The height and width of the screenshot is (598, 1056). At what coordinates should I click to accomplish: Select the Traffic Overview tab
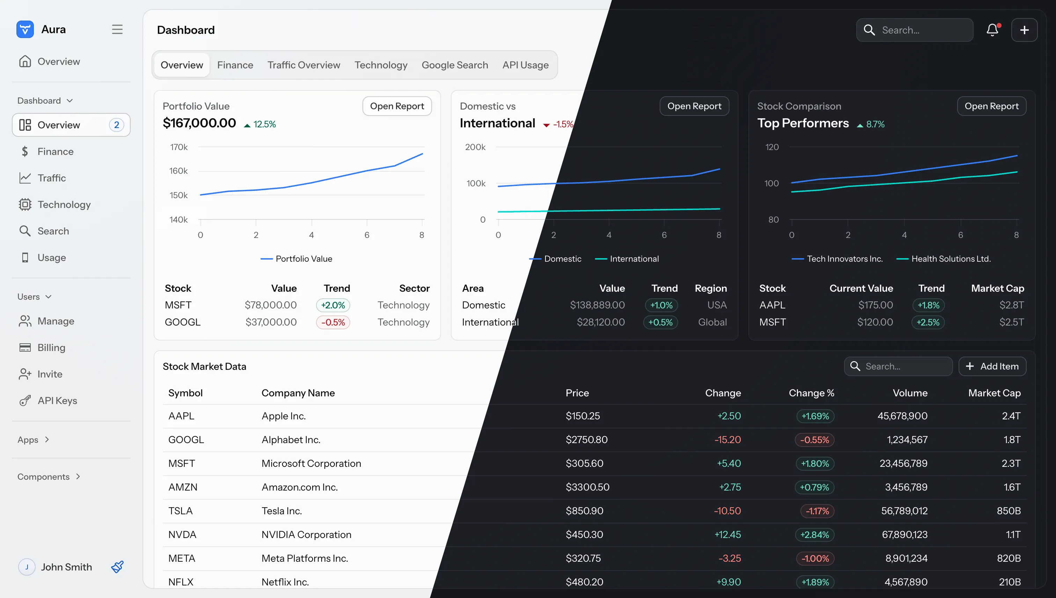(304, 65)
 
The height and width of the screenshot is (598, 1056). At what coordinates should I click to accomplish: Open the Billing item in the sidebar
(51, 347)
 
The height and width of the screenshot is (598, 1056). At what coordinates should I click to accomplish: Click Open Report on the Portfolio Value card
(397, 106)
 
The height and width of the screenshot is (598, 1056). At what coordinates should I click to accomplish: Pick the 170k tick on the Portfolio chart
(179, 147)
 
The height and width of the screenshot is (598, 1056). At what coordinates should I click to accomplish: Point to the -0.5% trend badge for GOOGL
(333, 322)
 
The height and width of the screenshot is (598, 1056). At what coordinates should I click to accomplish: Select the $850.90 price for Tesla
(584, 511)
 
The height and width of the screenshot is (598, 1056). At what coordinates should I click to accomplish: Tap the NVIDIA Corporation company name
(306, 535)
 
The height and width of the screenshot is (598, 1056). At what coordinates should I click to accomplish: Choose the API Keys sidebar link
(57, 401)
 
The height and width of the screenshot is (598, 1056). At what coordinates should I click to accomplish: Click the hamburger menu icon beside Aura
(117, 30)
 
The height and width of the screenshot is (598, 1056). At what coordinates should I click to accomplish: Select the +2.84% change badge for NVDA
(814, 535)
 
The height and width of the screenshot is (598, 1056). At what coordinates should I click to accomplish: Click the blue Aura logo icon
(25, 30)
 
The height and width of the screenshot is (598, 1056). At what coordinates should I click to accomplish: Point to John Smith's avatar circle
(27, 567)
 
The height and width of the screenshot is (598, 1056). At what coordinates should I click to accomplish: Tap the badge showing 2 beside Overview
(116, 125)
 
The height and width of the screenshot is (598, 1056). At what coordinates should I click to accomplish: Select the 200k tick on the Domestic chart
(475, 147)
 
